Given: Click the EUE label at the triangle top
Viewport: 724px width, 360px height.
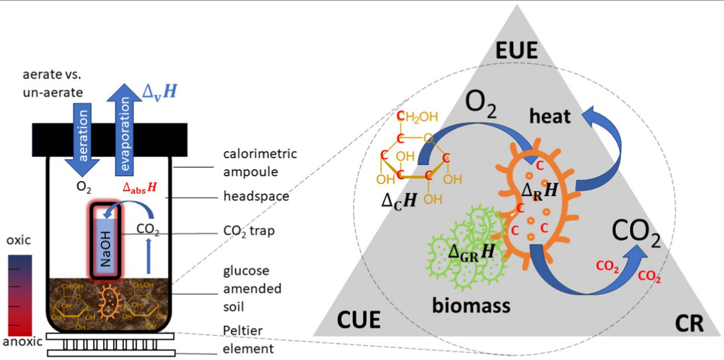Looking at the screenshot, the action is click(516, 50).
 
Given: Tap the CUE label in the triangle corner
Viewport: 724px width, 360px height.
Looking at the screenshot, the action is click(358, 320).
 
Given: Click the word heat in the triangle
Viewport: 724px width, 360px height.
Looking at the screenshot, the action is click(550, 116).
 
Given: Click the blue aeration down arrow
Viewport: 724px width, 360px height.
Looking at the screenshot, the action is click(82, 140).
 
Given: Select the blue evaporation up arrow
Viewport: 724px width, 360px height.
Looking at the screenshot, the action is click(124, 130).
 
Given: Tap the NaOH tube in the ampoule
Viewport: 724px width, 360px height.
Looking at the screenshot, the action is click(106, 241).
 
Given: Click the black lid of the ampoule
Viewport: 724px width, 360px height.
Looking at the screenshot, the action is click(110, 140).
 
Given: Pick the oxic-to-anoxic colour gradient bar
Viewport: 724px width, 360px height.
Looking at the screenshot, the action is click(20, 295).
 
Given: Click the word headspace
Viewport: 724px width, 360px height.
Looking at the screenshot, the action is click(256, 196).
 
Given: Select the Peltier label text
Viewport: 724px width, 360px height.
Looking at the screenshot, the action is click(243, 330).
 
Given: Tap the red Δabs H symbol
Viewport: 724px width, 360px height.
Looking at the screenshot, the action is click(140, 188).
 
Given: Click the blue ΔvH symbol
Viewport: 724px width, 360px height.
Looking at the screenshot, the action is click(160, 92).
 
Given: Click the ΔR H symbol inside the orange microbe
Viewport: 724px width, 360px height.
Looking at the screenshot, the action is click(539, 191).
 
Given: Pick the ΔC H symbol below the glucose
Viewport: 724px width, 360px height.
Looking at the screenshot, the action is click(399, 201).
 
